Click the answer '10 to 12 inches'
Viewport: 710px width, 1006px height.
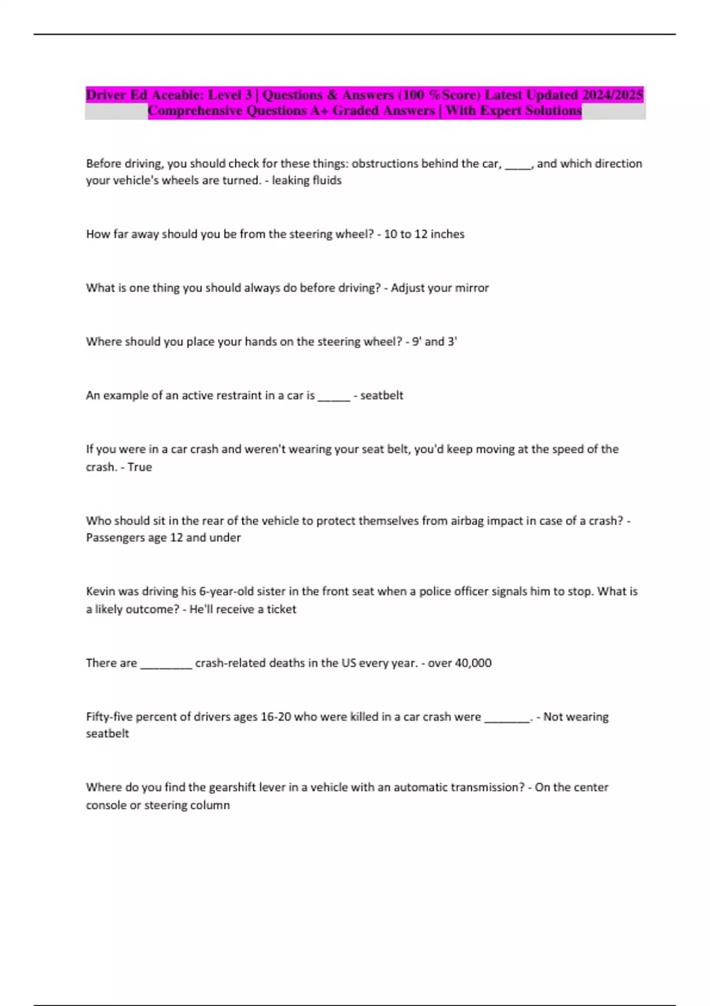tap(424, 234)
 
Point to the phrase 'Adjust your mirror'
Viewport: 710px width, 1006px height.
tap(440, 288)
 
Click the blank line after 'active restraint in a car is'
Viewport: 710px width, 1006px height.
tap(334, 396)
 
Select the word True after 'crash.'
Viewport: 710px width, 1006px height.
tap(140, 467)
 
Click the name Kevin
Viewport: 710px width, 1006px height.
tap(101, 592)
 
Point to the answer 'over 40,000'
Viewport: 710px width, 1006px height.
tap(460, 663)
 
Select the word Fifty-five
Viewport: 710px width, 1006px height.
tap(109, 717)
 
